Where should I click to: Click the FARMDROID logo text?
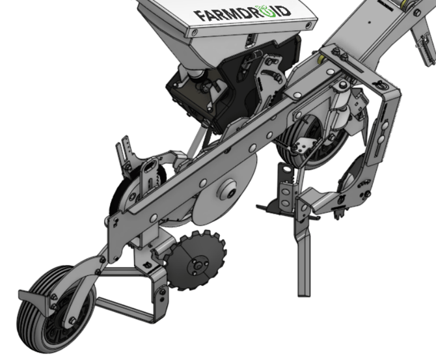(242, 13)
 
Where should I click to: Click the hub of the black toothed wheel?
(198, 266)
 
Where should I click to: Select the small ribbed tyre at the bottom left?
(55, 309)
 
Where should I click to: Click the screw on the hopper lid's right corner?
(308, 25)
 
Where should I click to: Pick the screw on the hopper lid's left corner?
(195, 33)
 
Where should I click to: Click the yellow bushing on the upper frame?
(321, 59)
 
